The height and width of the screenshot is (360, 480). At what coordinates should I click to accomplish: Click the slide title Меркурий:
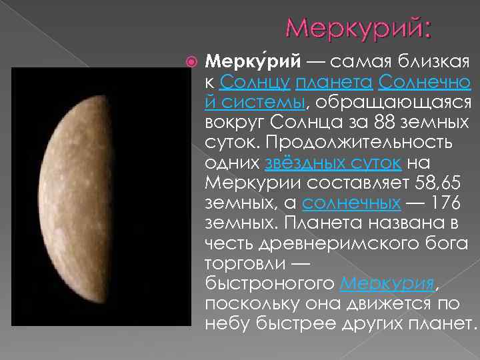[359, 28]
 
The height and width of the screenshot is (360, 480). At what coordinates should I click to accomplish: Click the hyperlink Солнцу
[253, 83]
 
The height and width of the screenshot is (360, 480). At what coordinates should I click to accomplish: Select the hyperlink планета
[333, 83]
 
